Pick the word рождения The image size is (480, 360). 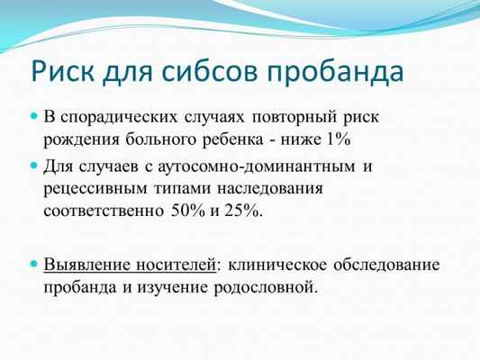tap(77, 139)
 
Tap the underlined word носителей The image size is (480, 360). tap(174, 266)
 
